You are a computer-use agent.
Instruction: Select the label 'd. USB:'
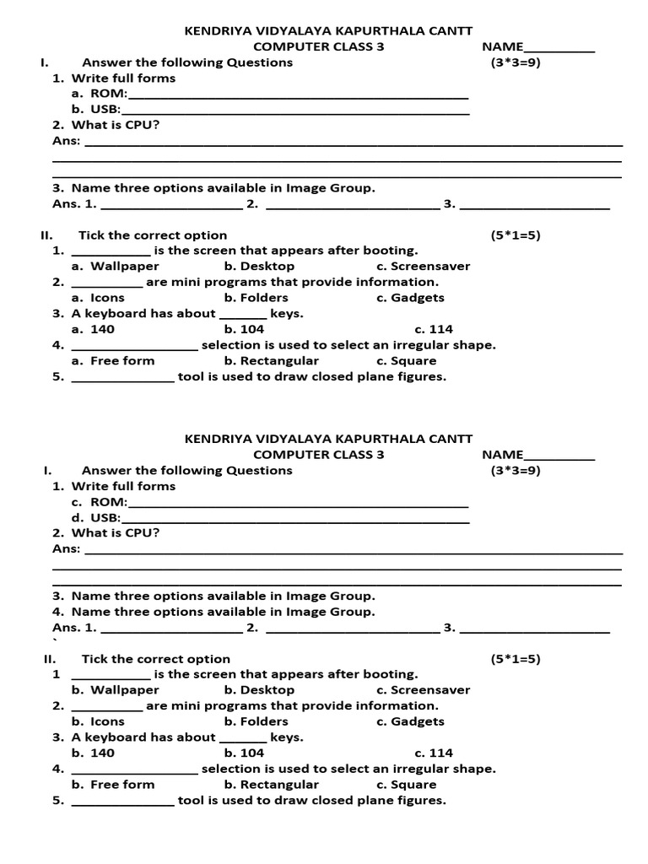[96, 517]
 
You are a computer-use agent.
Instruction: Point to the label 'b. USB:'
[96, 109]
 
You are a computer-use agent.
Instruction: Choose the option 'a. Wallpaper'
[115, 266]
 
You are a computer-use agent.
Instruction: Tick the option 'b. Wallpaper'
[115, 689]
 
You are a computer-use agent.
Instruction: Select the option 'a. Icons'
[98, 297]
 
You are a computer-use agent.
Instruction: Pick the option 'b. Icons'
[98, 721]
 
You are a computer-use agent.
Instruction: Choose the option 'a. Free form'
[113, 360]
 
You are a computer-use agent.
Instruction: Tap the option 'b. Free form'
[113, 784]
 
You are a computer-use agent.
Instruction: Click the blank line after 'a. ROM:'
[298, 95]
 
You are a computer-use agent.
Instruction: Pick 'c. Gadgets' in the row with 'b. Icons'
[410, 721]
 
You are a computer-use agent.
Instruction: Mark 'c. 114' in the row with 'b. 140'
[434, 753]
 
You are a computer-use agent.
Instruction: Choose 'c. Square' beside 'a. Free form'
[407, 360]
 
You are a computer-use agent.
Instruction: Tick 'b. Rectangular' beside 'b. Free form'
[272, 784]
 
